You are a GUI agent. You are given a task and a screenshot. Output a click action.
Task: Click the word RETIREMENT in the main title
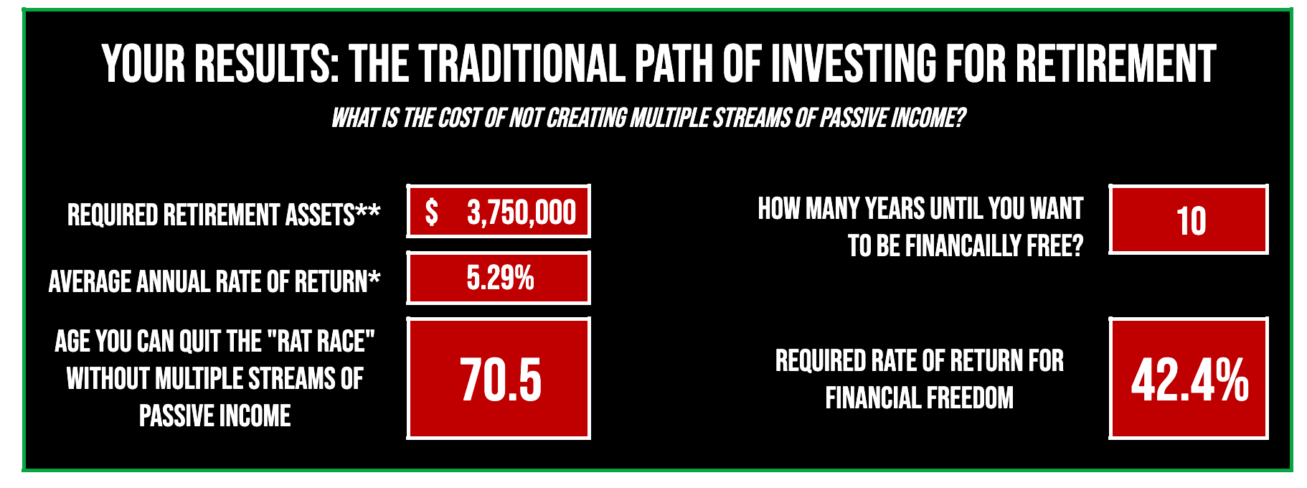pyautogui.click(x=1115, y=63)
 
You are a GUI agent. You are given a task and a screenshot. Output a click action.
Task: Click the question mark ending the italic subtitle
pyautogui.click(x=961, y=118)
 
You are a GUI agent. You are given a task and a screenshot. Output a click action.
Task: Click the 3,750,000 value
pyautogui.click(x=522, y=212)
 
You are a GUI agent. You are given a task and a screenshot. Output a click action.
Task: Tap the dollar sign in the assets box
pyautogui.click(x=431, y=212)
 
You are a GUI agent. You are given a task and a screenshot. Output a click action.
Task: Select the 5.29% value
pyautogui.click(x=500, y=278)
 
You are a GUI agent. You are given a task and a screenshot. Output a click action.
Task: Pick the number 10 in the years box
pyautogui.click(x=1191, y=221)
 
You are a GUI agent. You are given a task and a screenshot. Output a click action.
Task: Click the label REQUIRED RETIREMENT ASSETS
pyautogui.click(x=211, y=215)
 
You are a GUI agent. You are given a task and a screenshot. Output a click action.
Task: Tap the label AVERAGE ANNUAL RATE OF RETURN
pyautogui.click(x=207, y=281)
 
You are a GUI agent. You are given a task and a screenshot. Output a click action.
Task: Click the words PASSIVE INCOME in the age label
pyautogui.click(x=214, y=416)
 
